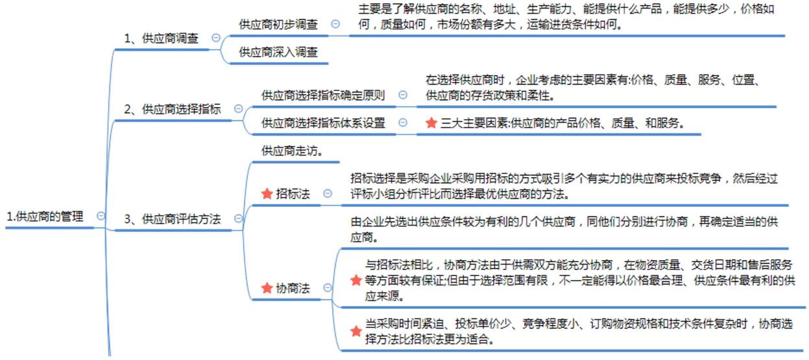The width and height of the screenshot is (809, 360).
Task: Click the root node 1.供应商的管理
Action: point(45,217)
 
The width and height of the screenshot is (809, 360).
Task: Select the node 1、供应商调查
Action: point(162,38)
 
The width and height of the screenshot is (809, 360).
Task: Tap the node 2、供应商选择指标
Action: point(173,110)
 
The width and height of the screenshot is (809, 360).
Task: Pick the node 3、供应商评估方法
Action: point(173,219)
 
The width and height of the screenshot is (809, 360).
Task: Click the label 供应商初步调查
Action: point(278,24)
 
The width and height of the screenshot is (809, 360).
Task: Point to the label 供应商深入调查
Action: point(278,52)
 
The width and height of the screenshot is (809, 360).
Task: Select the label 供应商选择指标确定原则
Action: point(323,95)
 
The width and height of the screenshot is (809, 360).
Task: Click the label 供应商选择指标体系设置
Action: point(323,123)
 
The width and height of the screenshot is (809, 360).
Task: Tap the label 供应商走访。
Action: point(292,150)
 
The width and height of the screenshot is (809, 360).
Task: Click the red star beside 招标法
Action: point(267,193)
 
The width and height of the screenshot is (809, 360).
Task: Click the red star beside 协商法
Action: point(267,288)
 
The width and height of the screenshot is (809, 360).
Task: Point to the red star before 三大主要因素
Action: point(431,123)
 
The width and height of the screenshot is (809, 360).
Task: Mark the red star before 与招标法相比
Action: point(356,280)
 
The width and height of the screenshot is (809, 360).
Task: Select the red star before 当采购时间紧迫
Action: point(356,331)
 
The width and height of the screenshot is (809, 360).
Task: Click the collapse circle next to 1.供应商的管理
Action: point(101,216)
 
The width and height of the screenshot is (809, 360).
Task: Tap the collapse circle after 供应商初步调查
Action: point(335,24)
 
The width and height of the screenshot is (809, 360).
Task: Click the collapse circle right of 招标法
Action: point(328,193)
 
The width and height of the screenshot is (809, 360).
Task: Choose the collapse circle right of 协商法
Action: point(328,288)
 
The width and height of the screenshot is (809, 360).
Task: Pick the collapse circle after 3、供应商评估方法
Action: point(238,219)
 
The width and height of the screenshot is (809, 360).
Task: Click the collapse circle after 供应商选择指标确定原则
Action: point(403,95)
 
